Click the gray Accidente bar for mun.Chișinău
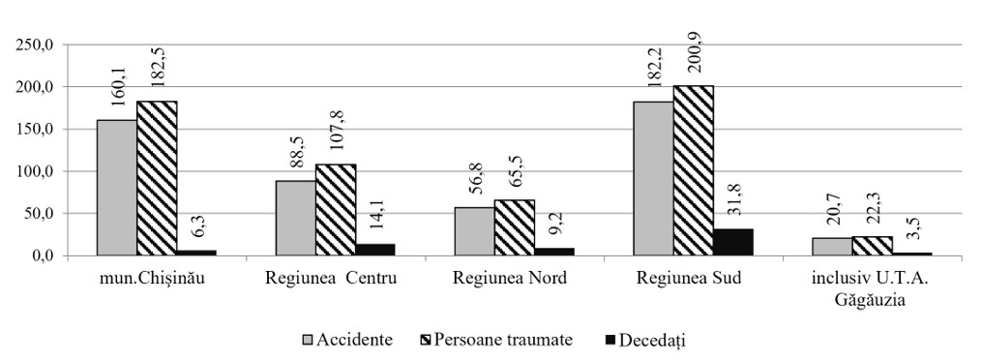[x=116, y=188]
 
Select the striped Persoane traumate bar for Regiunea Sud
[x=694, y=170]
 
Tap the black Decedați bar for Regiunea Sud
[x=733, y=242]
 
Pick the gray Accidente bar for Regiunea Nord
[x=474, y=231]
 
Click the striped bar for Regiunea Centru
[x=336, y=210]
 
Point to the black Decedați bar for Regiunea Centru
[x=375, y=250]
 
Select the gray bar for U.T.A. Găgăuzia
[x=832, y=247]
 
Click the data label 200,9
[x=694, y=59]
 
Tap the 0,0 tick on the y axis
[x=46, y=256]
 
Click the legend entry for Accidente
[x=347, y=341]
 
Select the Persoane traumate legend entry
[x=494, y=341]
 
